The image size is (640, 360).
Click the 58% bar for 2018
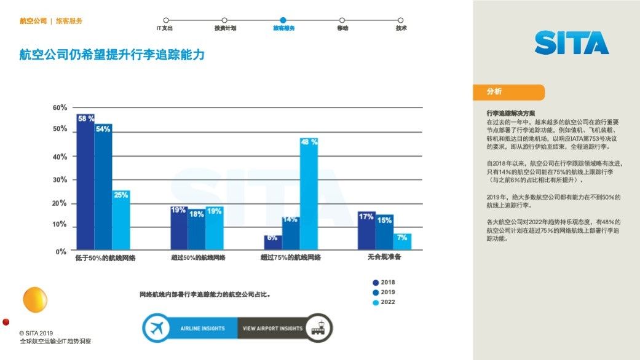(x=85, y=182)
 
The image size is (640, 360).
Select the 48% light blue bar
(x=309, y=194)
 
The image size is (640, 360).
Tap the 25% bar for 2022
(x=121, y=221)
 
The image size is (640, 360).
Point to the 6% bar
(x=273, y=243)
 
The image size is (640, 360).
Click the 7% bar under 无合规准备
(x=403, y=241)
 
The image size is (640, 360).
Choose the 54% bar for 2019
(x=103, y=187)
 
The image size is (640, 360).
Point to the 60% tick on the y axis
(x=60, y=108)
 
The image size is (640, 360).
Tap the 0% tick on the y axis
(x=61, y=251)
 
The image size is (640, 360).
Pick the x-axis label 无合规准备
(x=384, y=257)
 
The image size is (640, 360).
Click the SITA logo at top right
(x=571, y=42)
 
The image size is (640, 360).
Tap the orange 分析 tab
(x=508, y=92)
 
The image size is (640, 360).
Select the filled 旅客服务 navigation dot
(x=283, y=20)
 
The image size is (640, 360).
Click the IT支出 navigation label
(x=164, y=28)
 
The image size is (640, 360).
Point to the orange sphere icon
(x=35, y=299)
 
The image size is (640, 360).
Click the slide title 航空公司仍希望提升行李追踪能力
(x=112, y=55)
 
